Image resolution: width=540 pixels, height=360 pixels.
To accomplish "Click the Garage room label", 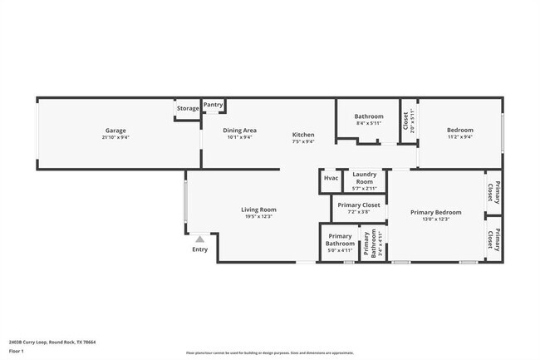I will coord(115,130).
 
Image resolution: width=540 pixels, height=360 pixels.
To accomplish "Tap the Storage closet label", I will coord(188,108).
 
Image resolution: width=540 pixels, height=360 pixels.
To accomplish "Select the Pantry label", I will coord(214,105).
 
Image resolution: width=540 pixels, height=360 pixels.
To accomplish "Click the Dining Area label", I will coord(239,130).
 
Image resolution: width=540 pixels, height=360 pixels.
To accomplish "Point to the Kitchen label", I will coord(303,135).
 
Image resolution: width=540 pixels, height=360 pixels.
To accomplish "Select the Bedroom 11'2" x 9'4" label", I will coord(459,130).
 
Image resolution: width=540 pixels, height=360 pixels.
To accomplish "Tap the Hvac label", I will coord(331,178).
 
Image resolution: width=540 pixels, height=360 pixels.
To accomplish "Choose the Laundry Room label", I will coord(365,178).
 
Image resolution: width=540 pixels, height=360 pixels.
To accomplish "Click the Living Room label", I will coord(259,210).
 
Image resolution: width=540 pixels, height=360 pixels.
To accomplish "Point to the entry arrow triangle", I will coord(199,239).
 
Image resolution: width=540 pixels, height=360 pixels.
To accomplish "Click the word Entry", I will coord(200,249).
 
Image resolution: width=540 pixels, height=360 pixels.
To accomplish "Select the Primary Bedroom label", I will coord(435,212).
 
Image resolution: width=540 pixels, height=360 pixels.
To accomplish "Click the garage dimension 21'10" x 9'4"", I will coord(115,137).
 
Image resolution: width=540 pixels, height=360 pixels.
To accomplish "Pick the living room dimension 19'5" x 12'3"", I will coord(259,217).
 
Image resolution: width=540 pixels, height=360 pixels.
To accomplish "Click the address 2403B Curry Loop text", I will coord(52,342).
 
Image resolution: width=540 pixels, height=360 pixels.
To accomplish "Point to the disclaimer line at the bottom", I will coord(269,353).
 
